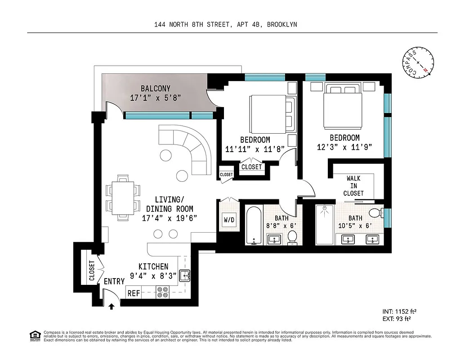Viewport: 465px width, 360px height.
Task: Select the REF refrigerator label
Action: (134, 293)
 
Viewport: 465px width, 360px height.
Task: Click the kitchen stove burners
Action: (162, 292)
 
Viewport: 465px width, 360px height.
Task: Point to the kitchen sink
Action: (185, 275)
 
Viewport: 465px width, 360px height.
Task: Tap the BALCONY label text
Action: (156, 88)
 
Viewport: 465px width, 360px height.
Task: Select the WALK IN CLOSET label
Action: (353, 185)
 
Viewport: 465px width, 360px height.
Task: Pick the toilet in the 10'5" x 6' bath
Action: (375, 212)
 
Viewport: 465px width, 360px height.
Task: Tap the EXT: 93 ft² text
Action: (397, 319)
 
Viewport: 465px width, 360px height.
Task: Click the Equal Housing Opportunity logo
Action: (34, 335)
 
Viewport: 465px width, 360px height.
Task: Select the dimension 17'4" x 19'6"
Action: (170, 218)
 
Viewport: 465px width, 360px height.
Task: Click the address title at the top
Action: (225, 25)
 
